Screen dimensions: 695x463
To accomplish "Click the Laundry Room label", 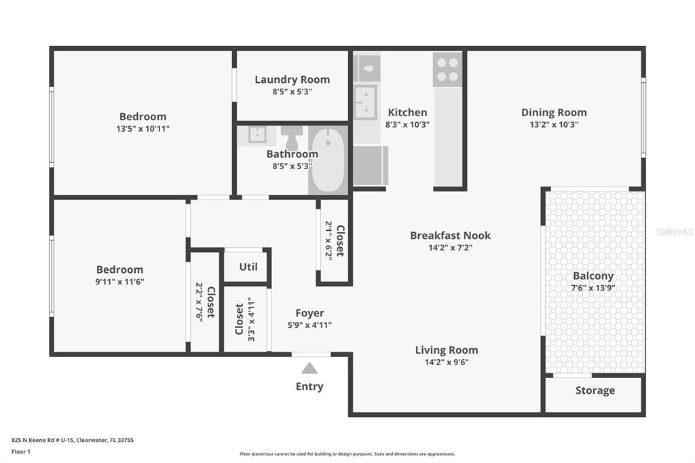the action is pyautogui.click(x=292, y=80).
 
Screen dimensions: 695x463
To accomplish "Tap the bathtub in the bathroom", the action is pyautogui.click(x=328, y=160).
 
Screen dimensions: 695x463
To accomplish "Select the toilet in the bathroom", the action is pyautogui.click(x=292, y=138).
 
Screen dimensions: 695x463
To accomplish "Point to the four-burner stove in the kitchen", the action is pyautogui.click(x=448, y=70).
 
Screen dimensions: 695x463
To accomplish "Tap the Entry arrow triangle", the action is pyautogui.click(x=309, y=368).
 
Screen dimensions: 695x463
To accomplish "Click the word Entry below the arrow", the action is pyautogui.click(x=309, y=386).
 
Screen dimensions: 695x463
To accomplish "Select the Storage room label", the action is pyautogui.click(x=595, y=390).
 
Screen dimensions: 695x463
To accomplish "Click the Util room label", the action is pyautogui.click(x=248, y=267).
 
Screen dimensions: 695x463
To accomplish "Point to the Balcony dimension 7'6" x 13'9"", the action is pyautogui.click(x=593, y=288).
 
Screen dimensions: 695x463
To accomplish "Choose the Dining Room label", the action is pyautogui.click(x=554, y=113).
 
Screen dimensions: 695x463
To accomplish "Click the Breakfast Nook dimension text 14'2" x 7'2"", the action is pyautogui.click(x=451, y=248).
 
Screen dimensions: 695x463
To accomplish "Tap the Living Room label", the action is pyautogui.click(x=447, y=350).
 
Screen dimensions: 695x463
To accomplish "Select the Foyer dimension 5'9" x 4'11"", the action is pyautogui.click(x=309, y=325).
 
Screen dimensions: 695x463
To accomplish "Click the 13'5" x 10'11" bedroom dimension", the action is pyautogui.click(x=143, y=128).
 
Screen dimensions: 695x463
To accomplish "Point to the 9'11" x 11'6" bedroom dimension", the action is pyautogui.click(x=119, y=282).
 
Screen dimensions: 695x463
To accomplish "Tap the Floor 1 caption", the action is pyautogui.click(x=21, y=452).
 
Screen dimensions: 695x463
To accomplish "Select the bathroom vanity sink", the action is pyautogui.click(x=257, y=135).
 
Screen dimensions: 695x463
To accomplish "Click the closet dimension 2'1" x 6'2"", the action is pyautogui.click(x=328, y=240).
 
